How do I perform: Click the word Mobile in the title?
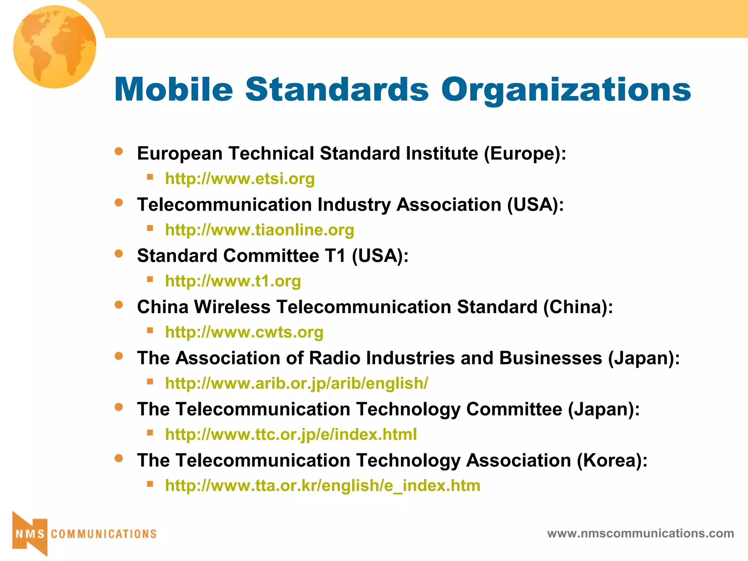[x=173, y=89]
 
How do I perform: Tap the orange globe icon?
[x=55, y=46]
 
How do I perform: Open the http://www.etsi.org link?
[x=240, y=179]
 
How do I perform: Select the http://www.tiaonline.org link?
[x=259, y=230]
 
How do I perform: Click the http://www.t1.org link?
[x=233, y=281]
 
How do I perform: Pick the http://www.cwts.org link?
[x=244, y=332]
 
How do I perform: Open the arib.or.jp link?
[x=296, y=383]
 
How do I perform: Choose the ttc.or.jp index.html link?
[x=291, y=434]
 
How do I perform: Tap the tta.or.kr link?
[x=323, y=485]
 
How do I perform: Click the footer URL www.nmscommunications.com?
[x=640, y=533]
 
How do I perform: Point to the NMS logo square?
[x=30, y=534]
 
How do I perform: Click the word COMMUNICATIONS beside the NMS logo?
[x=104, y=534]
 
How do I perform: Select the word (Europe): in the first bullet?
[x=525, y=153]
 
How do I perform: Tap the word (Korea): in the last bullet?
[x=612, y=460]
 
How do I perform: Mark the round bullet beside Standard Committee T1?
[x=119, y=253]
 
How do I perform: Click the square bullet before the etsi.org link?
[x=150, y=177]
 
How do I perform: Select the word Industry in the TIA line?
[x=354, y=205]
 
